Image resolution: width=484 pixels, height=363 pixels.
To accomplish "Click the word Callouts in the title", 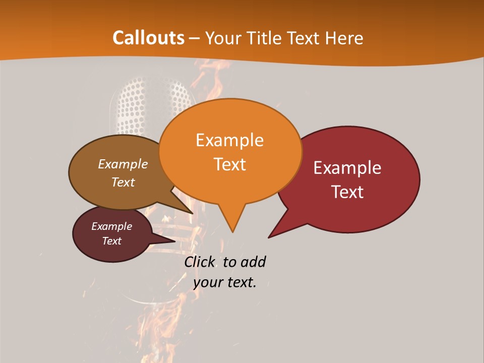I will [149, 38].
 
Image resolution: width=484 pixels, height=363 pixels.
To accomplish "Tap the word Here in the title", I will [344, 38].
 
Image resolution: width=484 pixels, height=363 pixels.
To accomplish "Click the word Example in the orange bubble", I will [229, 140].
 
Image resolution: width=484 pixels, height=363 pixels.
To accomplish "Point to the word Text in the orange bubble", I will [229, 164].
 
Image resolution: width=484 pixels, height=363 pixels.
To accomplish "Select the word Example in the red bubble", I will [347, 168].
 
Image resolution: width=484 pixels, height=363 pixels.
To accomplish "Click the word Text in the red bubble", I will [347, 192].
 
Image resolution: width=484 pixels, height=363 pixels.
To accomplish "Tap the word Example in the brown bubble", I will [123, 164].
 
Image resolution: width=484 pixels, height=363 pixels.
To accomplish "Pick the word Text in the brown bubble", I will [123, 182].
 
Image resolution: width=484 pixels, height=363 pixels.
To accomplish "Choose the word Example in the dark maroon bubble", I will [111, 226].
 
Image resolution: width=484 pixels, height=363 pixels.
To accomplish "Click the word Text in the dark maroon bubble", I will [111, 241].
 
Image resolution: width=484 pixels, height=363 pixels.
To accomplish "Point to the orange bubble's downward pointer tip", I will [232, 231].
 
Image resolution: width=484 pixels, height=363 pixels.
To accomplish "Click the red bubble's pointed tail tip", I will [269, 237].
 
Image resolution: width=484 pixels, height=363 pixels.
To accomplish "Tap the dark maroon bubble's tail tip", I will [174, 241].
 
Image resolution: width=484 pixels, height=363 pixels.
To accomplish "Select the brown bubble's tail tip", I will [192, 213].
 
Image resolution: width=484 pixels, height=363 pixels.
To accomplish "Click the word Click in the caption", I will [200, 262].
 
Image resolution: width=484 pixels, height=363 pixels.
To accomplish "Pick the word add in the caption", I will [253, 262].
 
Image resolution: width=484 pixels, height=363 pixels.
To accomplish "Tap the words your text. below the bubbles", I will [225, 282].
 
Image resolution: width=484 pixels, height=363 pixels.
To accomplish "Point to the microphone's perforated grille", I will [132, 106].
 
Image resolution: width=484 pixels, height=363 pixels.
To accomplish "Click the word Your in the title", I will [224, 38].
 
